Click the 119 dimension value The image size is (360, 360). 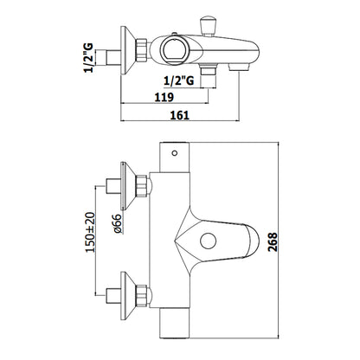pos(164,97)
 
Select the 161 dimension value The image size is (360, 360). pos(180,115)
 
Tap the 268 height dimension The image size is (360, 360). pos(273,242)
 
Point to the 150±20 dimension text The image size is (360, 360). pos(90,233)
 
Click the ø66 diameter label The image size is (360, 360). pos(118,224)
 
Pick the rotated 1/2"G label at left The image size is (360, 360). pos(88,58)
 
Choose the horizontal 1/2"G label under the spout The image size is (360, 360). pos(179,80)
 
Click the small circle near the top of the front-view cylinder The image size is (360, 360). pos(175,153)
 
